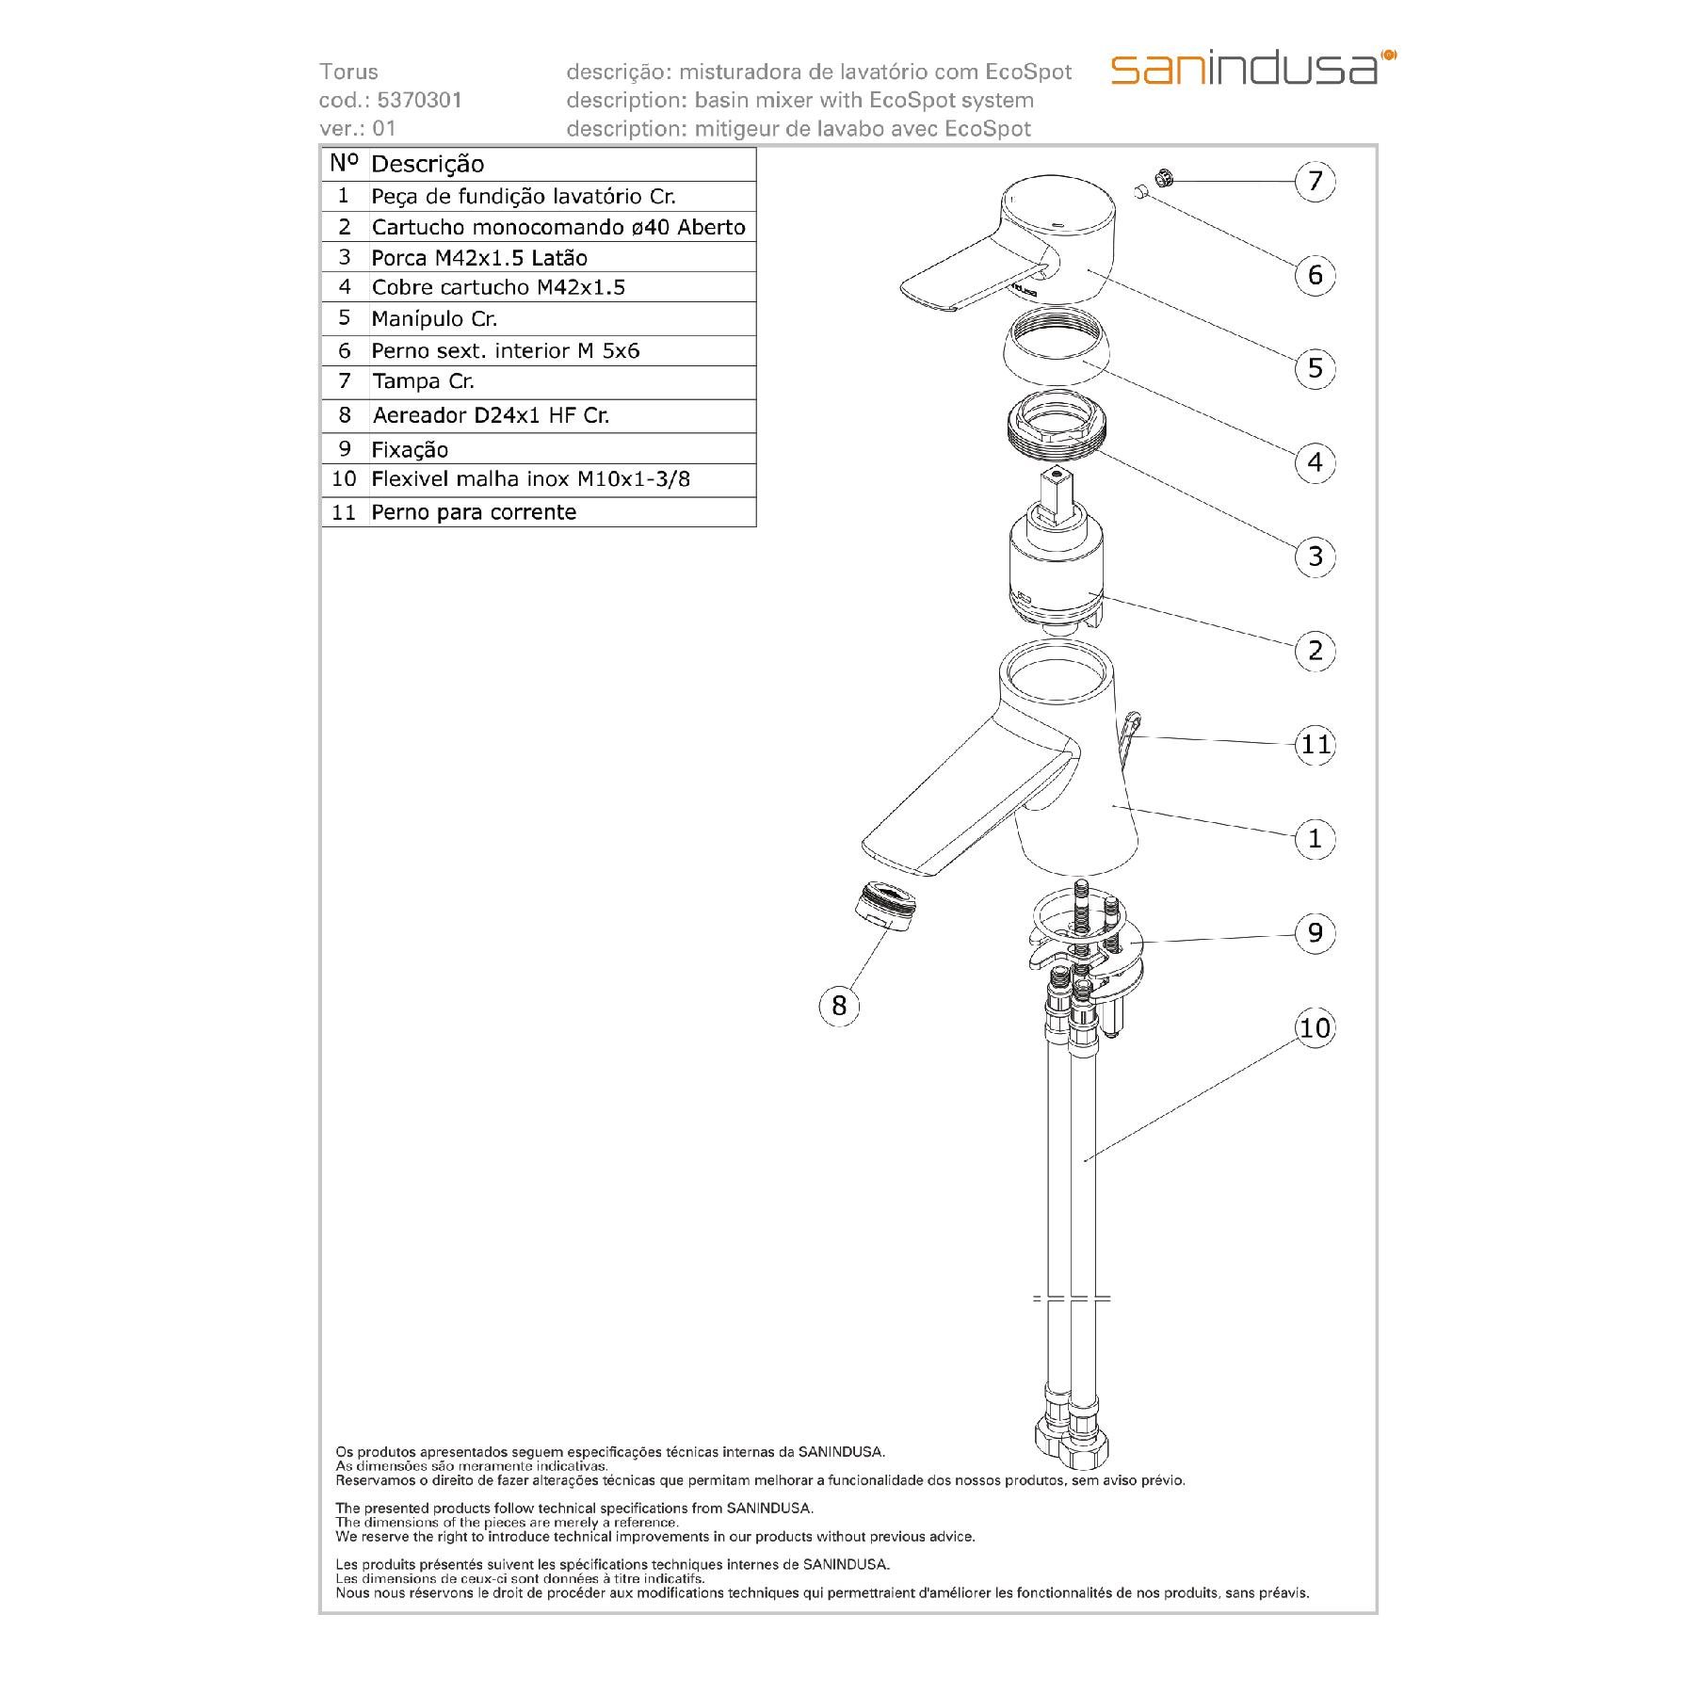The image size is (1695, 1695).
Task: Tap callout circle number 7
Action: [x=1316, y=181]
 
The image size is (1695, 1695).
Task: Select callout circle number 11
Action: [x=1316, y=745]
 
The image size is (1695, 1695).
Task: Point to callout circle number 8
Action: [x=839, y=1006]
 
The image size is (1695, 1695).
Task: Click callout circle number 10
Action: [x=1316, y=1027]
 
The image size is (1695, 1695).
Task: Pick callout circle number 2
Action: [x=1316, y=651]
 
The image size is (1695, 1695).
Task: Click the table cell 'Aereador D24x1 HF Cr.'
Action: [x=491, y=415]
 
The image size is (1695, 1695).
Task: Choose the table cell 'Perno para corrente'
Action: [x=474, y=512]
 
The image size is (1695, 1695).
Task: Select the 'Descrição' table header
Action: [x=428, y=164]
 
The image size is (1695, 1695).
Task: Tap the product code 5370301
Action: [x=419, y=100]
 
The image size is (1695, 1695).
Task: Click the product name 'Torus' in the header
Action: [x=348, y=72]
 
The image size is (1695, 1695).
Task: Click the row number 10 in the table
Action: [x=344, y=479]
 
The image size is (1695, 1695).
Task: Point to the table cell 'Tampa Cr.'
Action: [x=423, y=381]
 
